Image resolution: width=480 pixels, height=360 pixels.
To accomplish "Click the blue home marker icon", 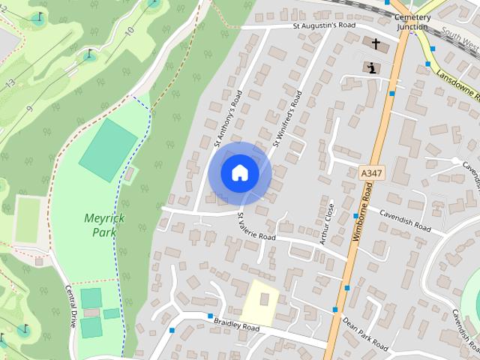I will click(239, 173).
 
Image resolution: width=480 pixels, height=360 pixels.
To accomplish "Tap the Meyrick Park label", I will click(104, 225).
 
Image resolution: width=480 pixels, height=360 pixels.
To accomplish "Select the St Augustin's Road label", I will click(324, 25).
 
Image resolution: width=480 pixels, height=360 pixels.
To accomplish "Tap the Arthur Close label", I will click(325, 222).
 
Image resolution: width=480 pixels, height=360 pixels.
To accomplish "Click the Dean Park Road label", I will click(365, 333).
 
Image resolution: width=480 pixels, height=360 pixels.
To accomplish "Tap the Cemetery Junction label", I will click(412, 22).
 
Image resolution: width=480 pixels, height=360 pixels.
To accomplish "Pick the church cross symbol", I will click(376, 44).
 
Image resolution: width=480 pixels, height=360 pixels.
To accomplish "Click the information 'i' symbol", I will click(372, 67).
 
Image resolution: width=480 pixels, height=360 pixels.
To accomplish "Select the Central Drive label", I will click(71, 306).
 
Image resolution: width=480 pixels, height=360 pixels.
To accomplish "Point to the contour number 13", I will click(10, 84).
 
